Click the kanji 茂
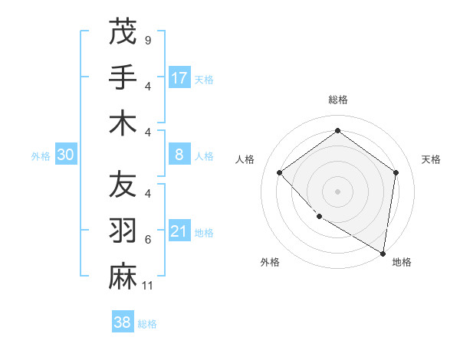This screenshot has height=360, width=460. (123, 33)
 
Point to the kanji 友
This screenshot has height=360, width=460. (123, 185)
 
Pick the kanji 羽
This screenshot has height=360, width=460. (123, 231)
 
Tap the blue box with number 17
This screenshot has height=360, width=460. (179, 77)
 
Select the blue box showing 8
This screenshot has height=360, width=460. (179, 155)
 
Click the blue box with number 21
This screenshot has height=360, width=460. (179, 231)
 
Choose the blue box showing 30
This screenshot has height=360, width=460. (66, 155)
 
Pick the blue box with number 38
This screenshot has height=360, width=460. (123, 322)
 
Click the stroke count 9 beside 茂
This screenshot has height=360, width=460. (147, 40)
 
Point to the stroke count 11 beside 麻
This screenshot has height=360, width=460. (149, 286)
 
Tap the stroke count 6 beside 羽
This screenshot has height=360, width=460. (148, 240)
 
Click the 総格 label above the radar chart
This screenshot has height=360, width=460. (337, 100)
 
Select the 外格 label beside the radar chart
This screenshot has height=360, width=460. (270, 262)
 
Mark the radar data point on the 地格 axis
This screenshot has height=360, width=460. (382, 252)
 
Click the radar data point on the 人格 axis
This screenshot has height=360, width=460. (280, 172)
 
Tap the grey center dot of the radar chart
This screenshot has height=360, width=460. (337, 191)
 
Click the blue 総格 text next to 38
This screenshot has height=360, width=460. (147, 324)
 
